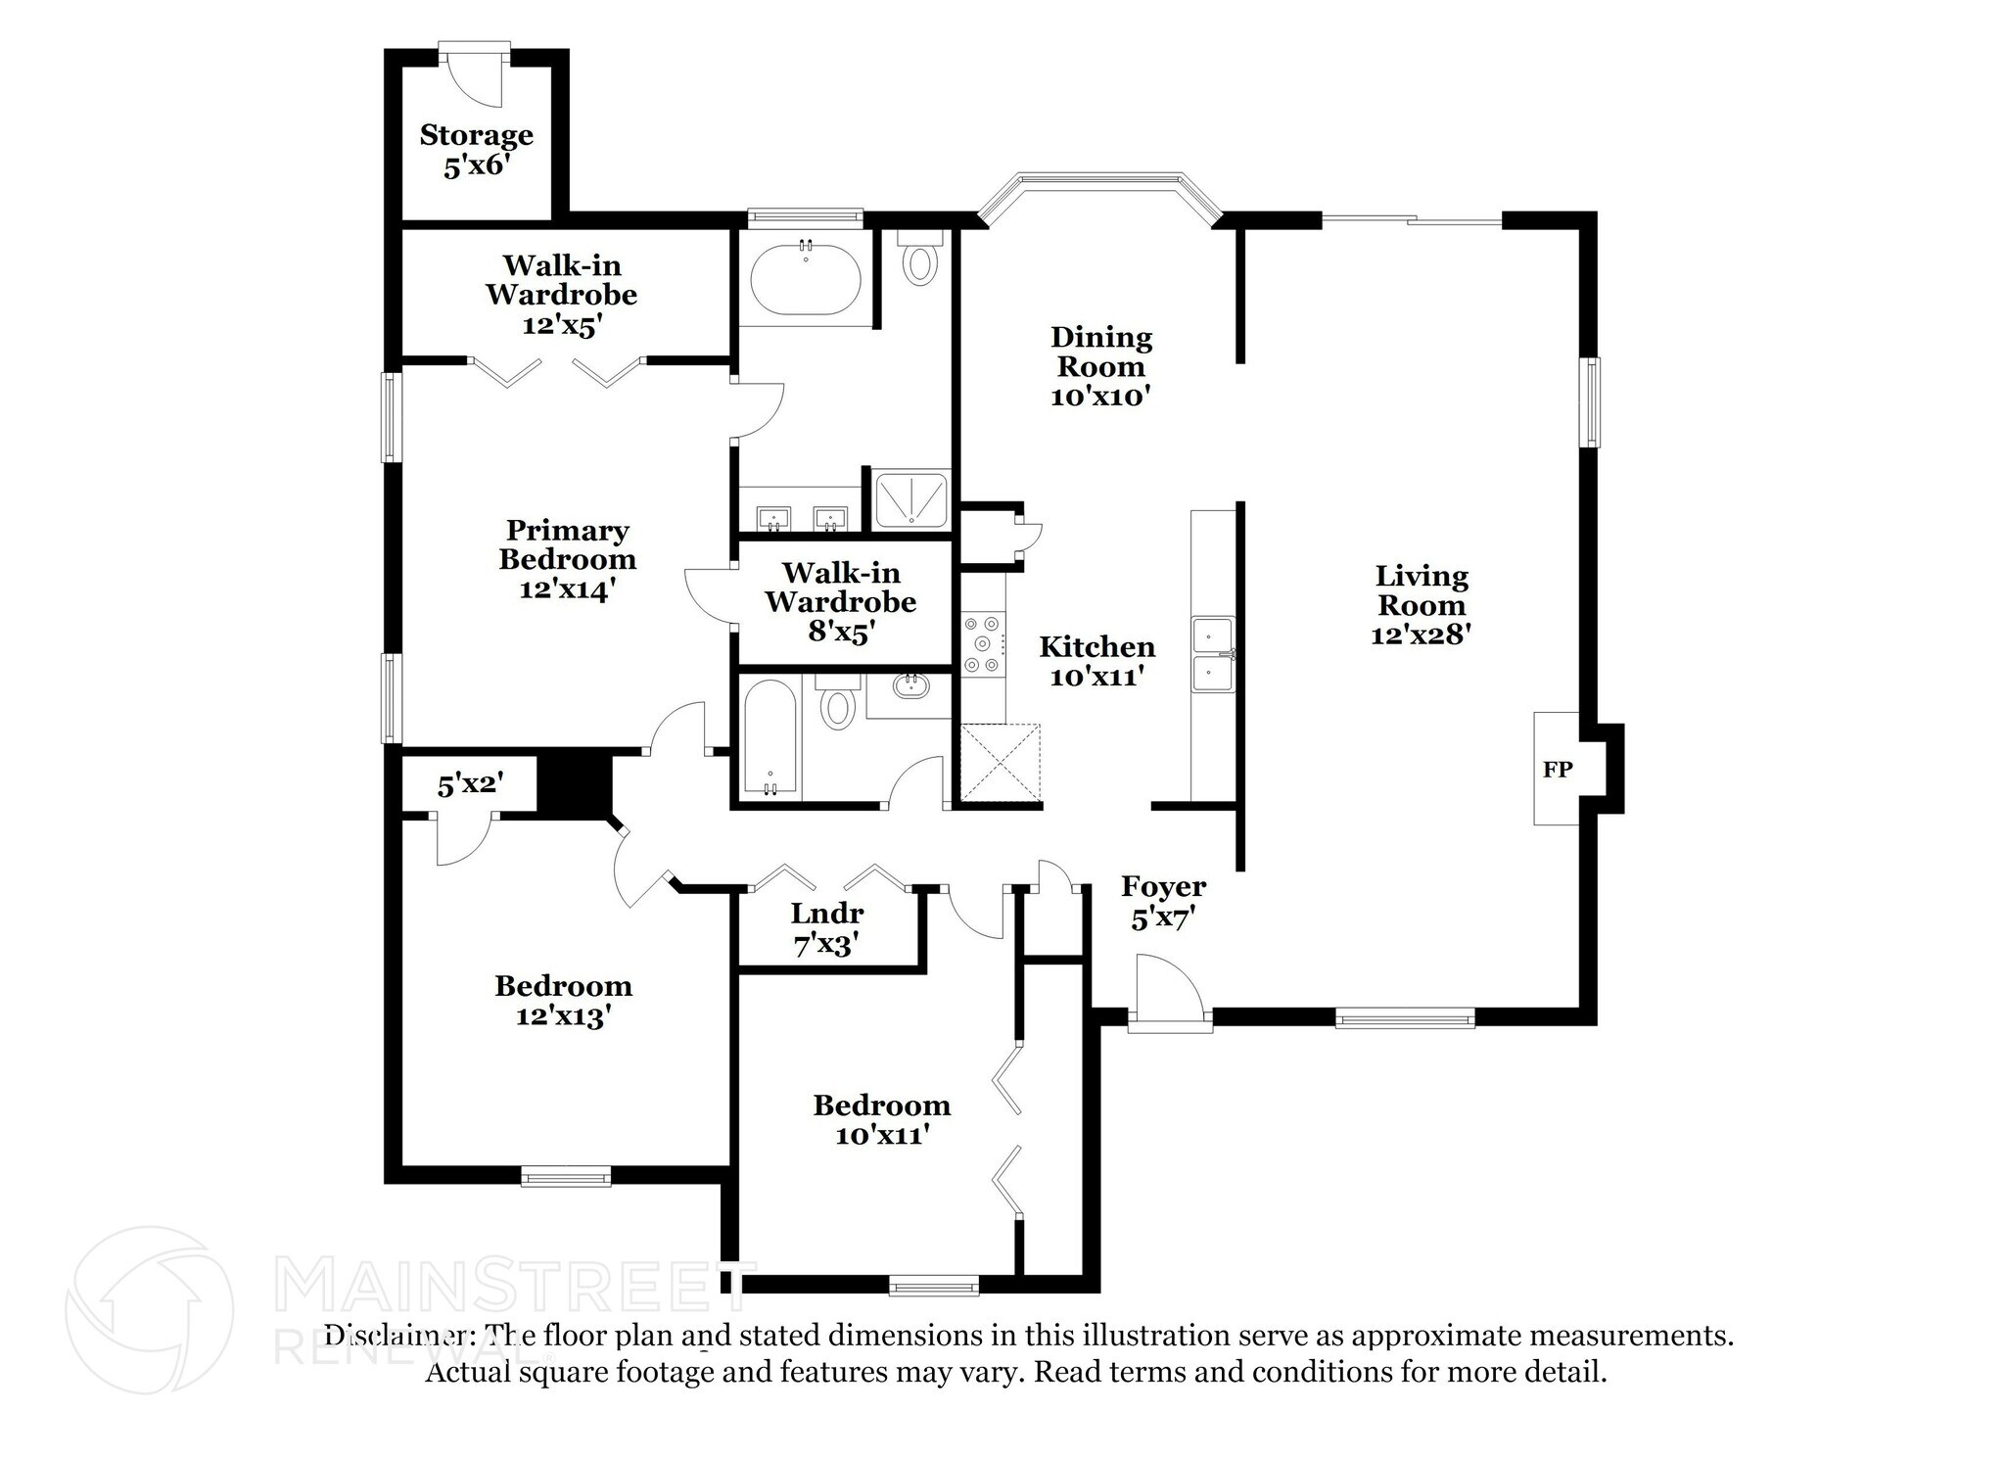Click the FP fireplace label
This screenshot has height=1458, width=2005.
click(1557, 770)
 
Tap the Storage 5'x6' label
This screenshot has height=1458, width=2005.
click(476, 150)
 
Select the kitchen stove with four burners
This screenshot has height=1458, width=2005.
click(982, 644)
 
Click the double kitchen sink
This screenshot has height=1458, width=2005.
click(1213, 655)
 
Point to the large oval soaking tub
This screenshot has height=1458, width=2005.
click(805, 279)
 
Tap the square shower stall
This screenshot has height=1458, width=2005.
click(910, 499)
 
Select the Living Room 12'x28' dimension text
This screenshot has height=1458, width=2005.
click(1421, 635)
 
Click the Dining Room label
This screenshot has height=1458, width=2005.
click(1100, 352)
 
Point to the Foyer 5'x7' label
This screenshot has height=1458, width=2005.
click(1163, 902)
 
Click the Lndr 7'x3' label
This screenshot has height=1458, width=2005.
click(827, 928)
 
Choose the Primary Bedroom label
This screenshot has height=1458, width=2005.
click(567, 544)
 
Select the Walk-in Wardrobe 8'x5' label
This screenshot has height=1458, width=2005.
click(840, 600)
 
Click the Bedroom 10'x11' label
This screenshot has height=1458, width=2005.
click(881, 1119)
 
